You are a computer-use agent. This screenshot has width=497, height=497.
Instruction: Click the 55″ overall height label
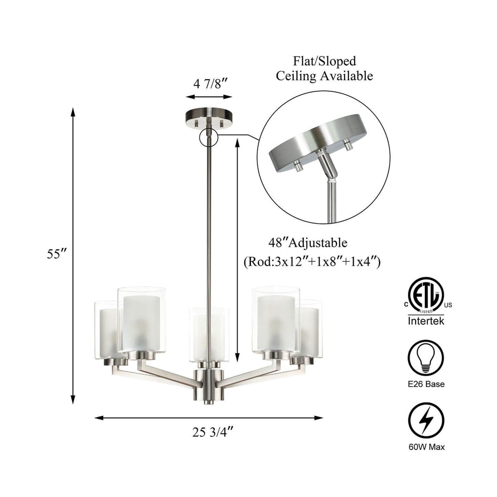click(x=57, y=254)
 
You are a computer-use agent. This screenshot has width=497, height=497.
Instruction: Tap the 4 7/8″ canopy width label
click(x=210, y=84)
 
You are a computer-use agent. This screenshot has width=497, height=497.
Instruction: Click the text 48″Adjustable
click(x=308, y=243)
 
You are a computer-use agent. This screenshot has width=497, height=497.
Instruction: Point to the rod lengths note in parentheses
click(x=312, y=263)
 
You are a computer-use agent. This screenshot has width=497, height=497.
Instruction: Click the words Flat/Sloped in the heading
click(x=324, y=61)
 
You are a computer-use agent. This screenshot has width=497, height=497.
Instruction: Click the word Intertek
click(x=426, y=321)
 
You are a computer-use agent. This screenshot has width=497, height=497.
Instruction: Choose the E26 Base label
click(x=426, y=384)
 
